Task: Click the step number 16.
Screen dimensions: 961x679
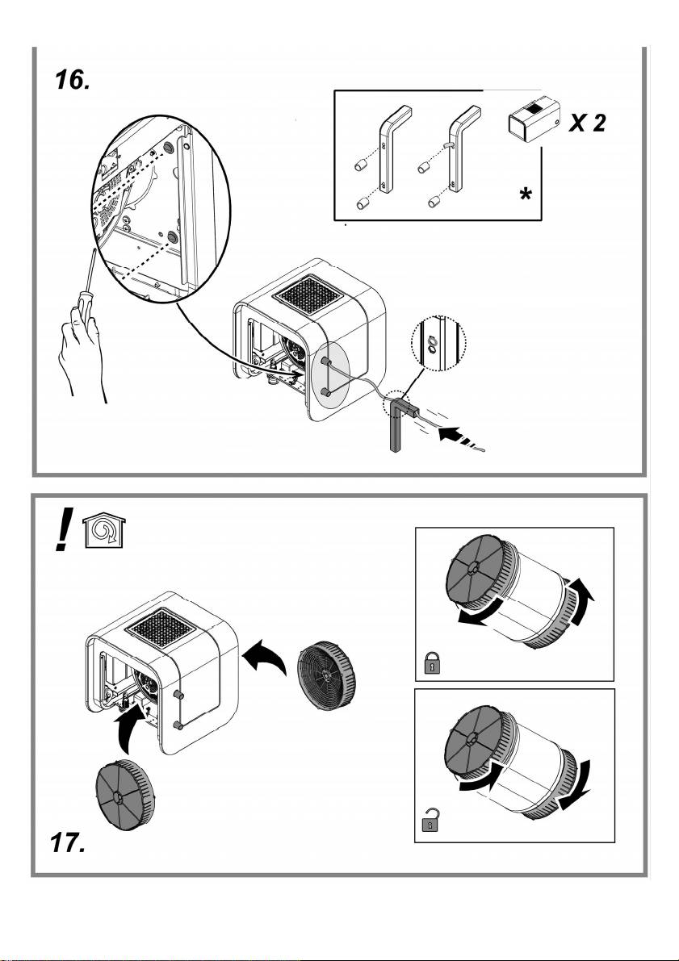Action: point(75,81)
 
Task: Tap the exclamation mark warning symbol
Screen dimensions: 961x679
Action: point(63,534)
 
